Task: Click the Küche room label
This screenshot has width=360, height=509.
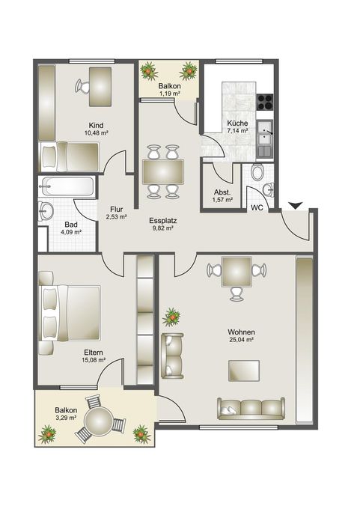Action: point(237,124)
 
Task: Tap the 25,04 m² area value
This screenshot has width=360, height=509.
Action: point(241,340)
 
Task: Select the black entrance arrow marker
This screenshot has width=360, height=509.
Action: point(296,206)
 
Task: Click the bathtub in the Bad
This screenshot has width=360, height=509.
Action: point(67,186)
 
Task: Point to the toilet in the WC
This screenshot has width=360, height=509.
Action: point(258,171)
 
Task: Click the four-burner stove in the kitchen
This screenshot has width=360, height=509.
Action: point(265,102)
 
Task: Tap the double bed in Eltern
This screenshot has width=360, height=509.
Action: point(70,313)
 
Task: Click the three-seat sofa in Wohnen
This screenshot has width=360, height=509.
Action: point(251,408)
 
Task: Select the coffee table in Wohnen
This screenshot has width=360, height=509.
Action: point(244,371)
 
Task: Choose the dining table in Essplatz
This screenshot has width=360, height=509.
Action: point(163,171)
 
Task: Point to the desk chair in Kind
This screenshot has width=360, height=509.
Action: point(82,86)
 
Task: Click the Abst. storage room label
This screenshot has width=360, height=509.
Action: point(222,192)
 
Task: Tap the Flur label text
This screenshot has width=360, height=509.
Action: point(116,210)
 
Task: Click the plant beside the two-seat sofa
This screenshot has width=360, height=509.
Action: point(171,317)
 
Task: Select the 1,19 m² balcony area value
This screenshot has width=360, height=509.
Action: point(169,94)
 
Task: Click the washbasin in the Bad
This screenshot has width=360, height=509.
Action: point(46,211)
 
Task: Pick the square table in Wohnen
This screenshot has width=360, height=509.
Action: point(237,272)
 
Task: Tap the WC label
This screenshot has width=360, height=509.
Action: point(257,208)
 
